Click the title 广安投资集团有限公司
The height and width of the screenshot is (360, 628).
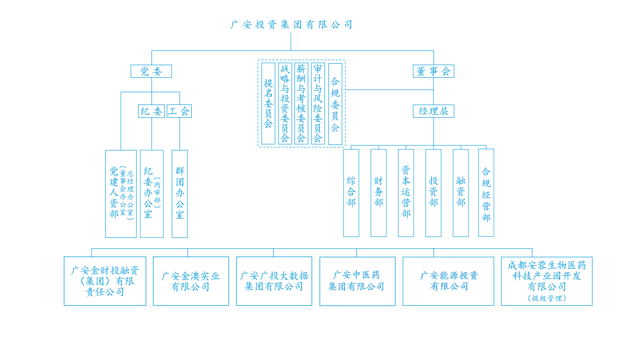click(x=291, y=25)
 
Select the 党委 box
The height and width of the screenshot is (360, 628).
click(x=151, y=71)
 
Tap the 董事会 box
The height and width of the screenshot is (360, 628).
click(x=433, y=71)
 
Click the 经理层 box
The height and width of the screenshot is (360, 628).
click(x=433, y=111)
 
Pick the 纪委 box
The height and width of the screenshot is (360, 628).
click(x=151, y=111)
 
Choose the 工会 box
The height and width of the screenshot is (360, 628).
click(x=179, y=111)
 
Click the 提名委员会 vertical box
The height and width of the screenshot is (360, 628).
click(x=268, y=104)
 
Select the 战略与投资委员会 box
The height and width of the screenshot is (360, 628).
click(x=285, y=104)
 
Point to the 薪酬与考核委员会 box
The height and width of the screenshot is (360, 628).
click(x=301, y=104)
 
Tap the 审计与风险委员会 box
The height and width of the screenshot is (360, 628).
click(x=318, y=104)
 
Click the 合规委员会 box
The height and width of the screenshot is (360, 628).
click(x=335, y=104)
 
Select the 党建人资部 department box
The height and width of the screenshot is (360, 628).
click(x=120, y=193)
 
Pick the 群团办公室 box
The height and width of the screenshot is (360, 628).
click(x=180, y=193)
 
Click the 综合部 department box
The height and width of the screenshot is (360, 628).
click(x=351, y=193)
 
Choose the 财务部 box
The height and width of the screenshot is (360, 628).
click(x=378, y=193)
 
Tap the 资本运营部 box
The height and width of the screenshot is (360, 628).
click(x=406, y=193)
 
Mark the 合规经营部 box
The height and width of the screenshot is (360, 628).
click(x=486, y=193)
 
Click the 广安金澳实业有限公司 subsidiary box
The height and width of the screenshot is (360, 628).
click(x=190, y=281)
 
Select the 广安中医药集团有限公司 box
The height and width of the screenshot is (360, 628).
click(x=357, y=281)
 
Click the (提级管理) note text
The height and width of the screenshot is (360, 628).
click(x=547, y=298)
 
